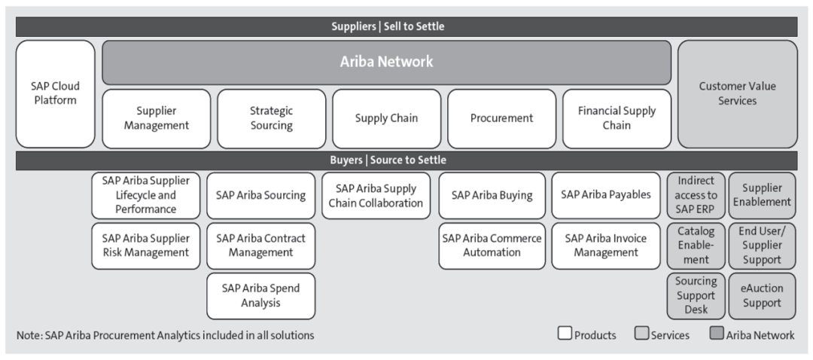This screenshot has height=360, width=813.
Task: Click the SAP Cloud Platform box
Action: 56,94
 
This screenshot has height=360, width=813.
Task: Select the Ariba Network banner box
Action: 386,63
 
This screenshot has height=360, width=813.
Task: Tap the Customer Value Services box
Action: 737,94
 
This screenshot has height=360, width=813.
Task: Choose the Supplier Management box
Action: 156,119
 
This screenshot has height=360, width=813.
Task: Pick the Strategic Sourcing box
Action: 271,119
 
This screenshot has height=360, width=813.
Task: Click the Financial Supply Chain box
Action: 617,119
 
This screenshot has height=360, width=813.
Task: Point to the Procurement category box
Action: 501,119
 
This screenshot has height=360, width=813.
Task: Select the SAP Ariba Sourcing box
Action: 260,196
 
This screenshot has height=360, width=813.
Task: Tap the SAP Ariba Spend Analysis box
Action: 260,296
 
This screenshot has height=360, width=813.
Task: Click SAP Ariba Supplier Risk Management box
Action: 146,246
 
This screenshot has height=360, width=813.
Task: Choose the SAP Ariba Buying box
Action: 492,196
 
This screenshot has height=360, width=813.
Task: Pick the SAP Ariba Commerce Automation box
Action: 492,246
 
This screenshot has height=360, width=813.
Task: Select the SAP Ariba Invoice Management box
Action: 605,246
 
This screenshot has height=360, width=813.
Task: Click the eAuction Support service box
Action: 762,296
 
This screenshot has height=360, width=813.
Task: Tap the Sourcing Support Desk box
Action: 696,296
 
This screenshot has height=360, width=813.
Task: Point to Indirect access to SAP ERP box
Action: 696,196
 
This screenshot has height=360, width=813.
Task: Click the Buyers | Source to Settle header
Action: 406,160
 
